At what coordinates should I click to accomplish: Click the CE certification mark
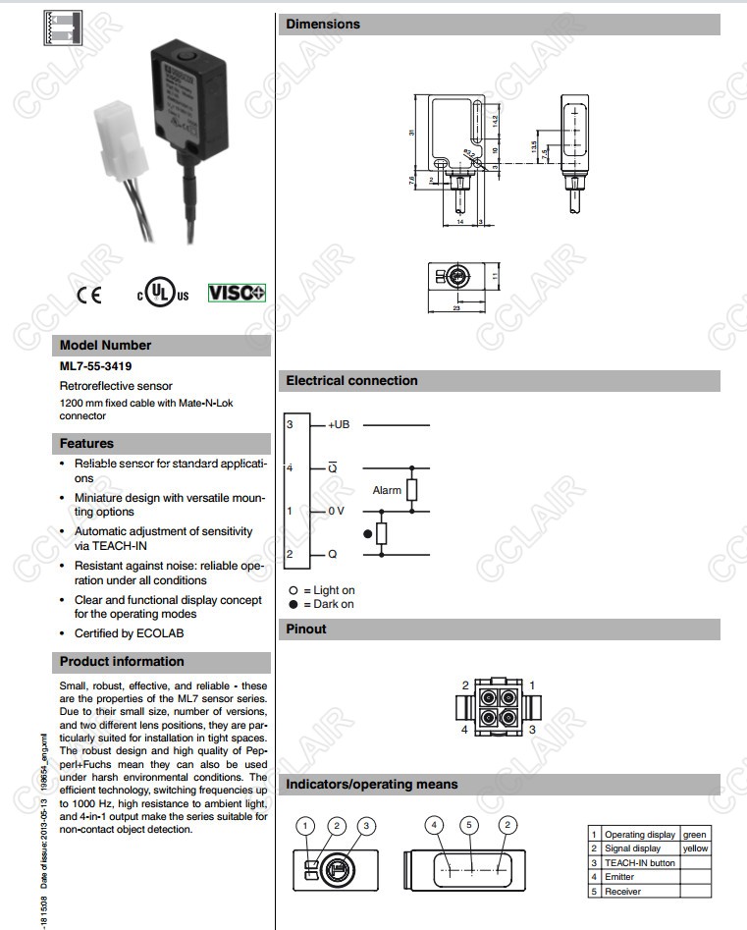tap(88, 295)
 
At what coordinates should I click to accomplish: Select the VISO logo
tap(237, 293)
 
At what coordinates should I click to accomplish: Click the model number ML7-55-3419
tap(96, 366)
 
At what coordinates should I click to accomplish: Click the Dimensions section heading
tap(323, 25)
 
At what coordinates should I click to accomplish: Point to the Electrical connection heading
tap(351, 381)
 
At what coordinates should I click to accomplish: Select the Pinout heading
tap(306, 629)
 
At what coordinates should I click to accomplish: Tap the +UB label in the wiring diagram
tap(339, 424)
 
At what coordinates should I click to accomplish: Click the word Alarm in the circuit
tap(387, 490)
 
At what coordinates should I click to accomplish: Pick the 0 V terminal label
tap(336, 511)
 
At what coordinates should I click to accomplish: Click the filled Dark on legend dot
tap(293, 604)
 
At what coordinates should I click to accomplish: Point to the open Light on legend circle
tap(293, 590)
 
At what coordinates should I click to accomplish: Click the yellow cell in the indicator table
tap(695, 848)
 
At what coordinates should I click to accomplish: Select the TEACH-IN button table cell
tap(639, 863)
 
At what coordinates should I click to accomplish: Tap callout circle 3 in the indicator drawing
tap(366, 827)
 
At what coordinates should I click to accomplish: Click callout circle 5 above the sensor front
tap(470, 827)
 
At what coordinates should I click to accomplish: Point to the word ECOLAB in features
tap(161, 633)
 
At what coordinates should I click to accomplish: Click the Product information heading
tap(122, 662)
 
